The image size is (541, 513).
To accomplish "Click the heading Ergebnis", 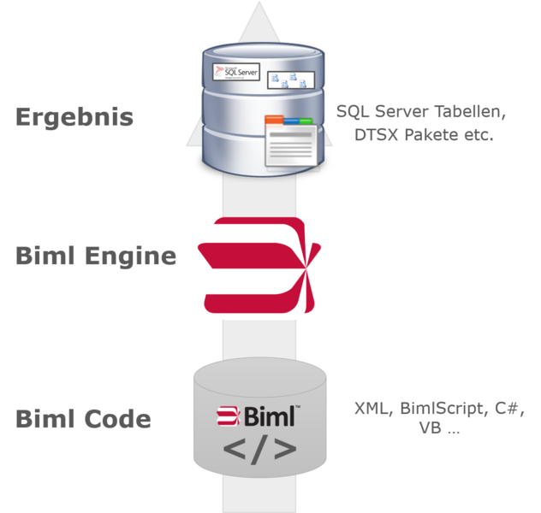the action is point(74,117).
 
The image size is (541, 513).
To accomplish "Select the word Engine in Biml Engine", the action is point(131,257).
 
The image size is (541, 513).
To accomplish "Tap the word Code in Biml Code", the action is point(117,419).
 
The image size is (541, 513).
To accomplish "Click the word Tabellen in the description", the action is point(470,112).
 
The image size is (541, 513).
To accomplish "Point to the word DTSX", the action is point(377,135).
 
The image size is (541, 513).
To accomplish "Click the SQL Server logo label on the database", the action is point(236,72).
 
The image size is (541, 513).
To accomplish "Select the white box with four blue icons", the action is point(291,80).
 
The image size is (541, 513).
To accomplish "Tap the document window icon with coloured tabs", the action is point(291,142).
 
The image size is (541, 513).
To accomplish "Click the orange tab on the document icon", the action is point(274,120).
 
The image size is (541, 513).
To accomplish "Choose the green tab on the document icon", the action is point(306,121).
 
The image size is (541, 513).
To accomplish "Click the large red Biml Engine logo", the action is point(259,265).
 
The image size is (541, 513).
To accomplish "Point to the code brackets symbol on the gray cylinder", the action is point(259,449).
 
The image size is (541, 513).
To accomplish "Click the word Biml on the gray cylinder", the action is point(270,416).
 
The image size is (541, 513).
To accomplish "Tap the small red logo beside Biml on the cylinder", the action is point(228,416).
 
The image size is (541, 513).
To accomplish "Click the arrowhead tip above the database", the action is point(259,2).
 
